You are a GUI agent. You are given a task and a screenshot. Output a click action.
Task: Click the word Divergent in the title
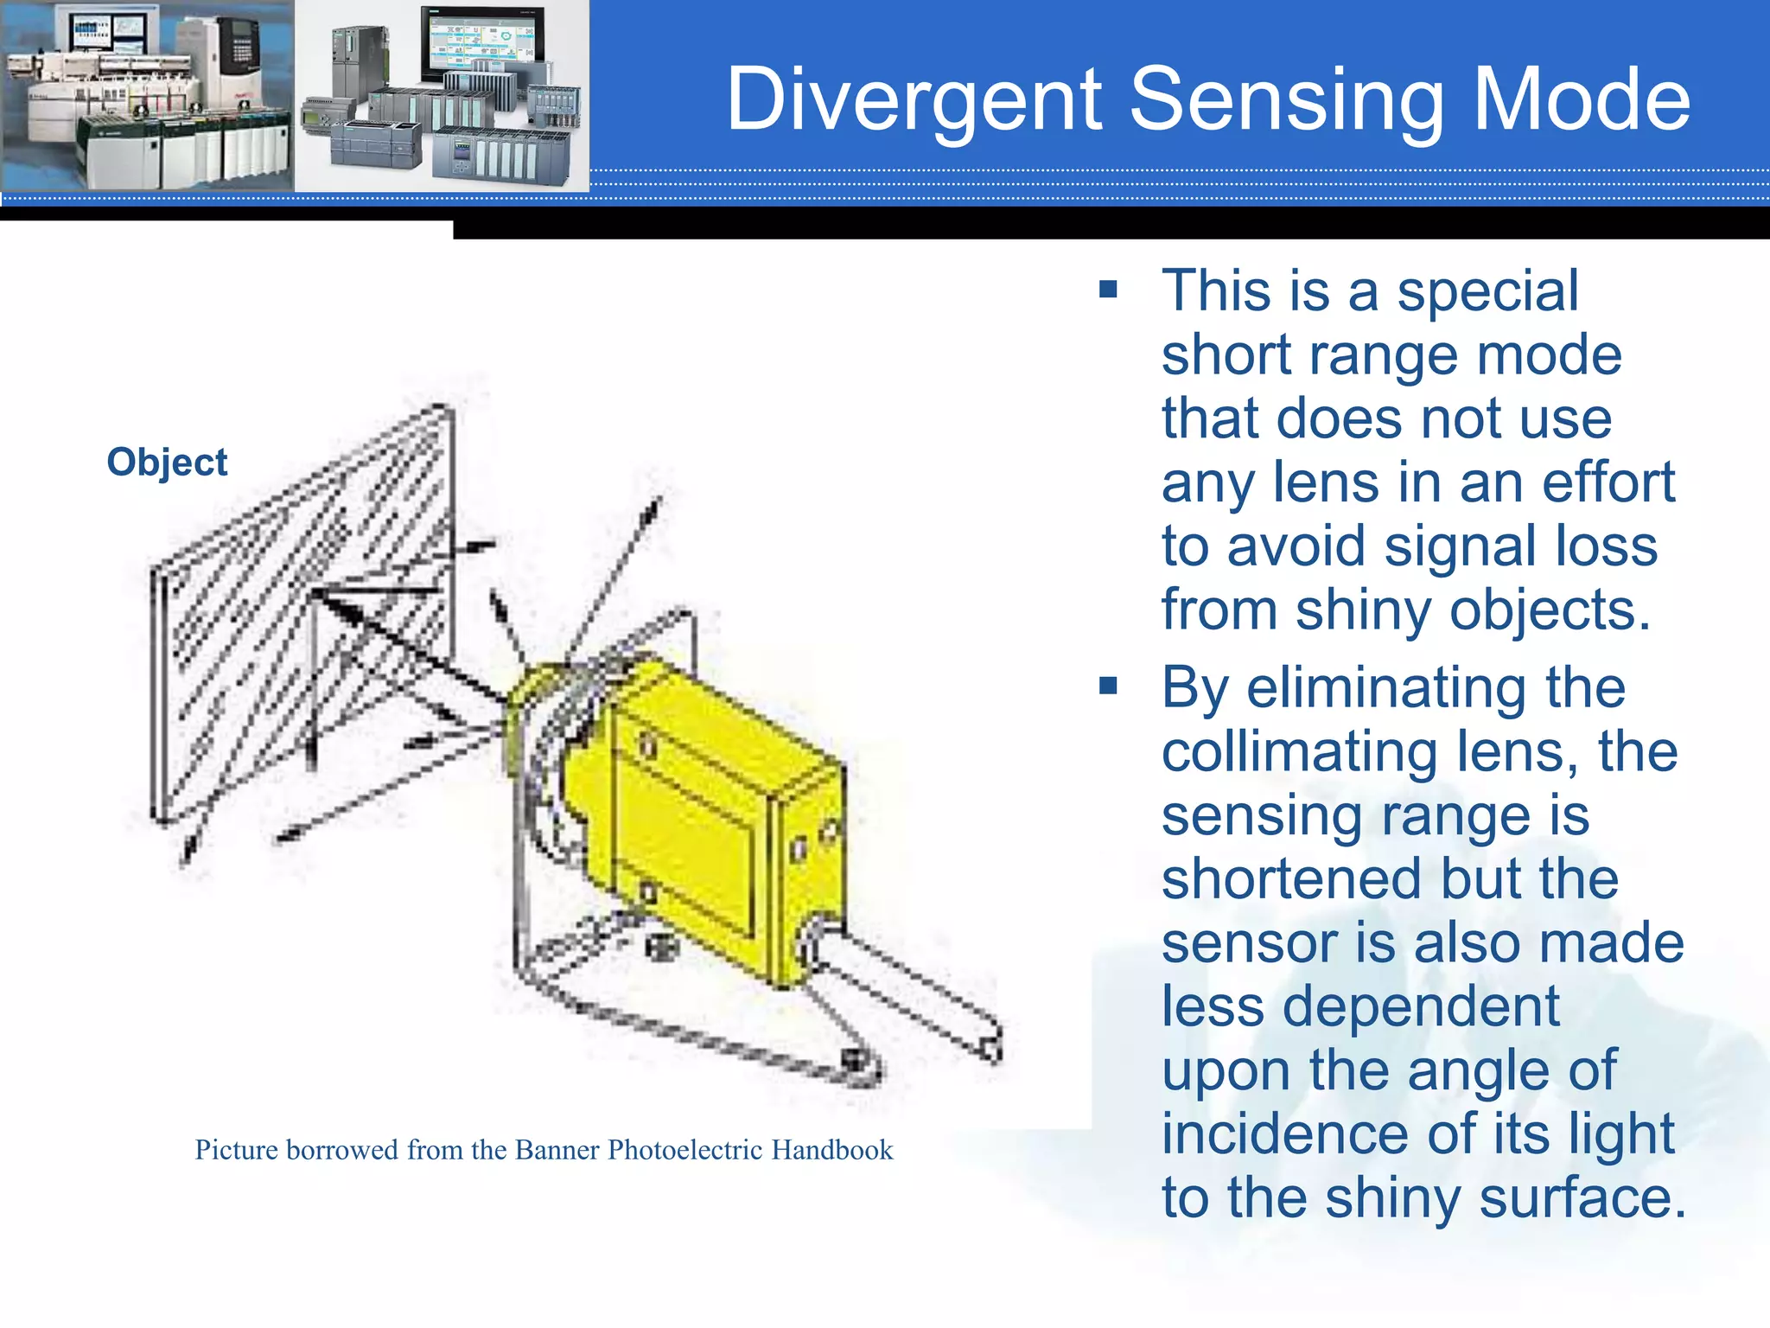(x=915, y=100)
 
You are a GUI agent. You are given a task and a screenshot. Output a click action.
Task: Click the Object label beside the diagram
(x=167, y=463)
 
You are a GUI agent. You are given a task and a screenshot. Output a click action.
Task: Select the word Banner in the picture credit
(x=557, y=1150)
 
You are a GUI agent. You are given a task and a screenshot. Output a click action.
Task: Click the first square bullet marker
(x=1108, y=290)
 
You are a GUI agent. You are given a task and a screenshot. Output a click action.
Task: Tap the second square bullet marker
(x=1108, y=686)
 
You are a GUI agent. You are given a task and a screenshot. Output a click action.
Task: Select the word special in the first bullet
(x=1487, y=291)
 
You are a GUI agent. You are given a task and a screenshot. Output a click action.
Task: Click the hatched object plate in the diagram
(x=302, y=605)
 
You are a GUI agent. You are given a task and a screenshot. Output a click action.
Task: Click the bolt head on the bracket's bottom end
(x=853, y=1058)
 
